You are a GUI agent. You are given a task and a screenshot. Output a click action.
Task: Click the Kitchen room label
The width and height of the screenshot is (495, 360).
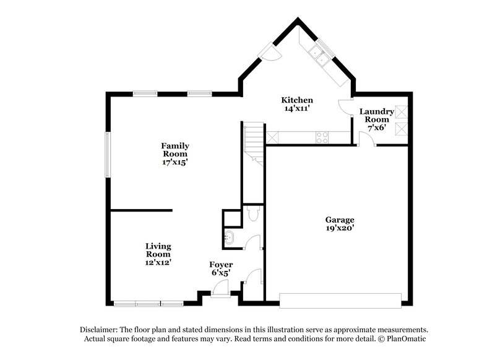(297, 100)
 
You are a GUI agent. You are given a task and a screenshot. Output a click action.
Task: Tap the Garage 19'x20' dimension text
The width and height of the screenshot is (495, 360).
(340, 228)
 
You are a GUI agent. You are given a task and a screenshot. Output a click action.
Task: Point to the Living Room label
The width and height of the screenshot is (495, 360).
(158, 249)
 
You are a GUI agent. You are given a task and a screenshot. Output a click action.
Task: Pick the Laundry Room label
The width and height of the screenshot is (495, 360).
(376, 116)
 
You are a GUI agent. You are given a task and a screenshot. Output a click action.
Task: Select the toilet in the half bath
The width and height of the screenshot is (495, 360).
(251, 215)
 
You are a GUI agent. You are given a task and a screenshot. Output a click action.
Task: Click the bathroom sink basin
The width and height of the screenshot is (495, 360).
(229, 236)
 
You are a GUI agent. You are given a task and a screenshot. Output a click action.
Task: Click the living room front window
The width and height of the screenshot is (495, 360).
(148, 302)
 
